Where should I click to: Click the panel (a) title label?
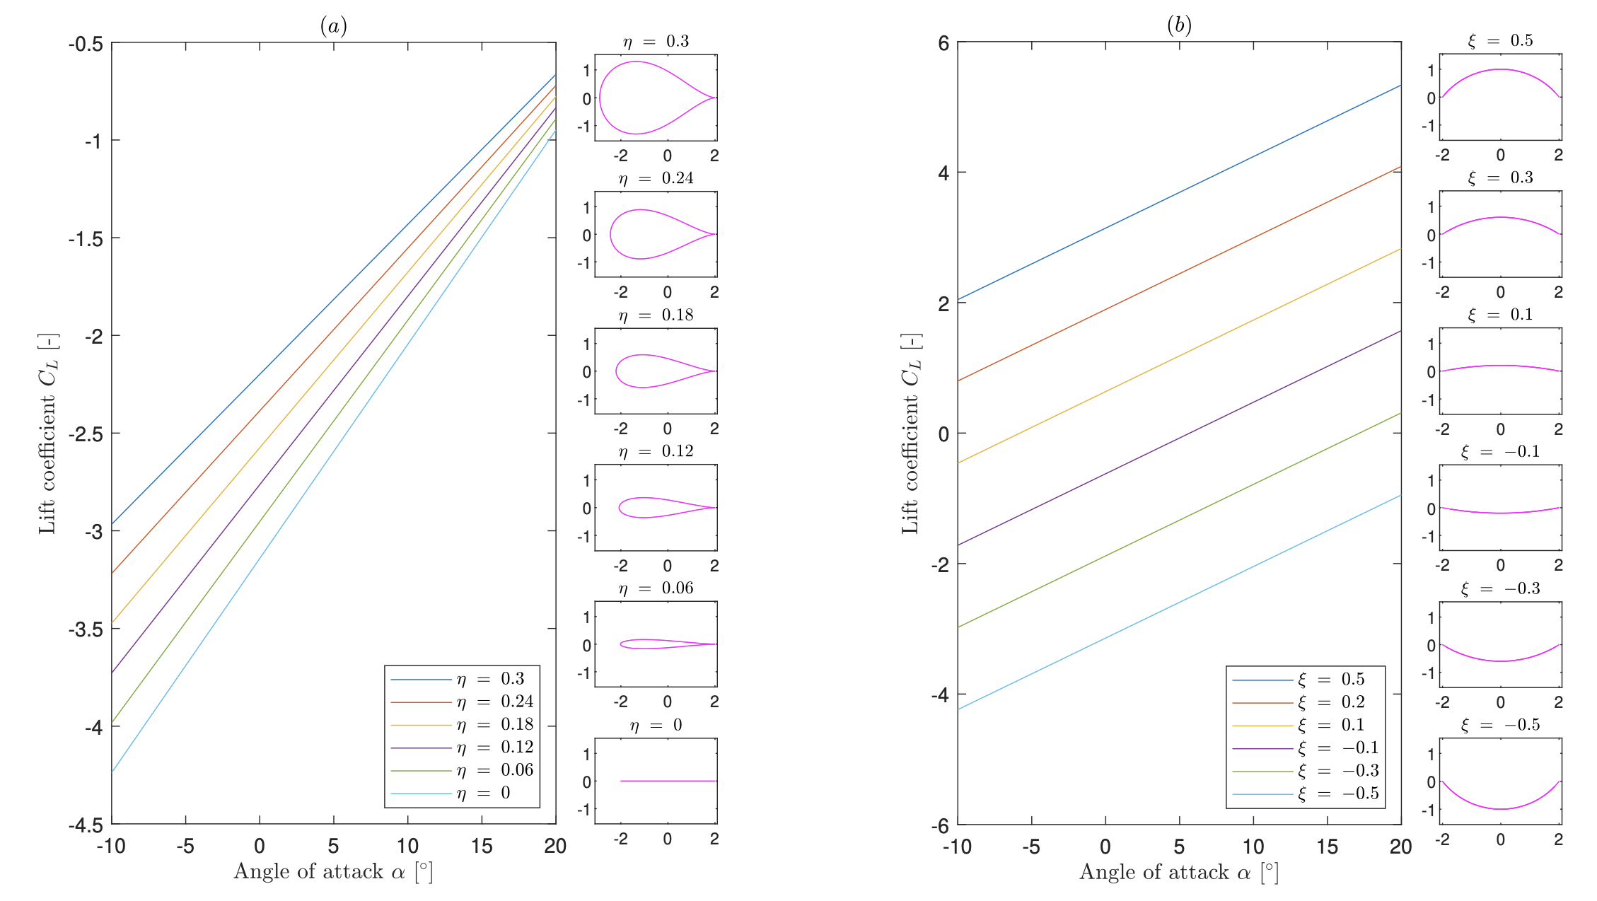tap(333, 26)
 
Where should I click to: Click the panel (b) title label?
tap(1179, 25)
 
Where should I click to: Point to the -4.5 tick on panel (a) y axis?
tap(86, 825)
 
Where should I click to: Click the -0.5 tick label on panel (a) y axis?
tap(86, 45)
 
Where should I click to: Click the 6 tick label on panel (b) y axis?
tap(943, 43)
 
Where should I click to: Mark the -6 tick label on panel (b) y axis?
tap(940, 825)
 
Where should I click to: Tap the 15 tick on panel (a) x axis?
tap(482, 846)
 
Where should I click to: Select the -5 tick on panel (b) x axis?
tap(1031, 847)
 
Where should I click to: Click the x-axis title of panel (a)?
tap(333, 871)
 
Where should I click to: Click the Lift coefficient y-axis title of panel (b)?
tap(910, 434)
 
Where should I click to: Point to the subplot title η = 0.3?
tap(656, 42)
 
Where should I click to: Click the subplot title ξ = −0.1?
tap(1500, 452)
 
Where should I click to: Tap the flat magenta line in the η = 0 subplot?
tap(668, 781)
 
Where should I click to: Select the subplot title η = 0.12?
tap(656, 452)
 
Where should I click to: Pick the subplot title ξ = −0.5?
tap(1500, 726)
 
